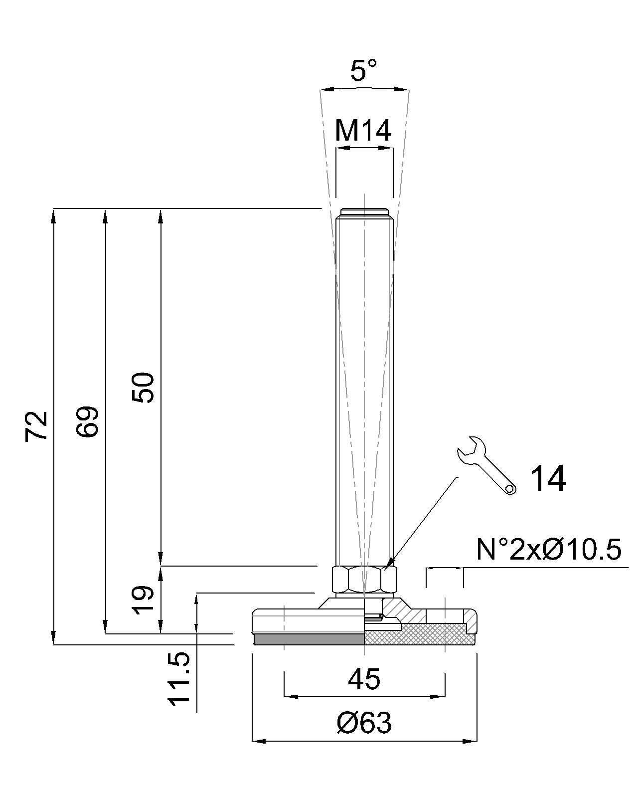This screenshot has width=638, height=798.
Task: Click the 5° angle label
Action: (x=363, y=70)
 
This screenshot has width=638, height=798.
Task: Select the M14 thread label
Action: (x=363, y=131)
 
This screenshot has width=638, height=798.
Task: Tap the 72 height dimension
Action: (x=37, y=426)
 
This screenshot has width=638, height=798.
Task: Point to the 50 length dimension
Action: (x=143, y=388)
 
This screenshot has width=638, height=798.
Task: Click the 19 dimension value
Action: (x=143, y=600)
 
